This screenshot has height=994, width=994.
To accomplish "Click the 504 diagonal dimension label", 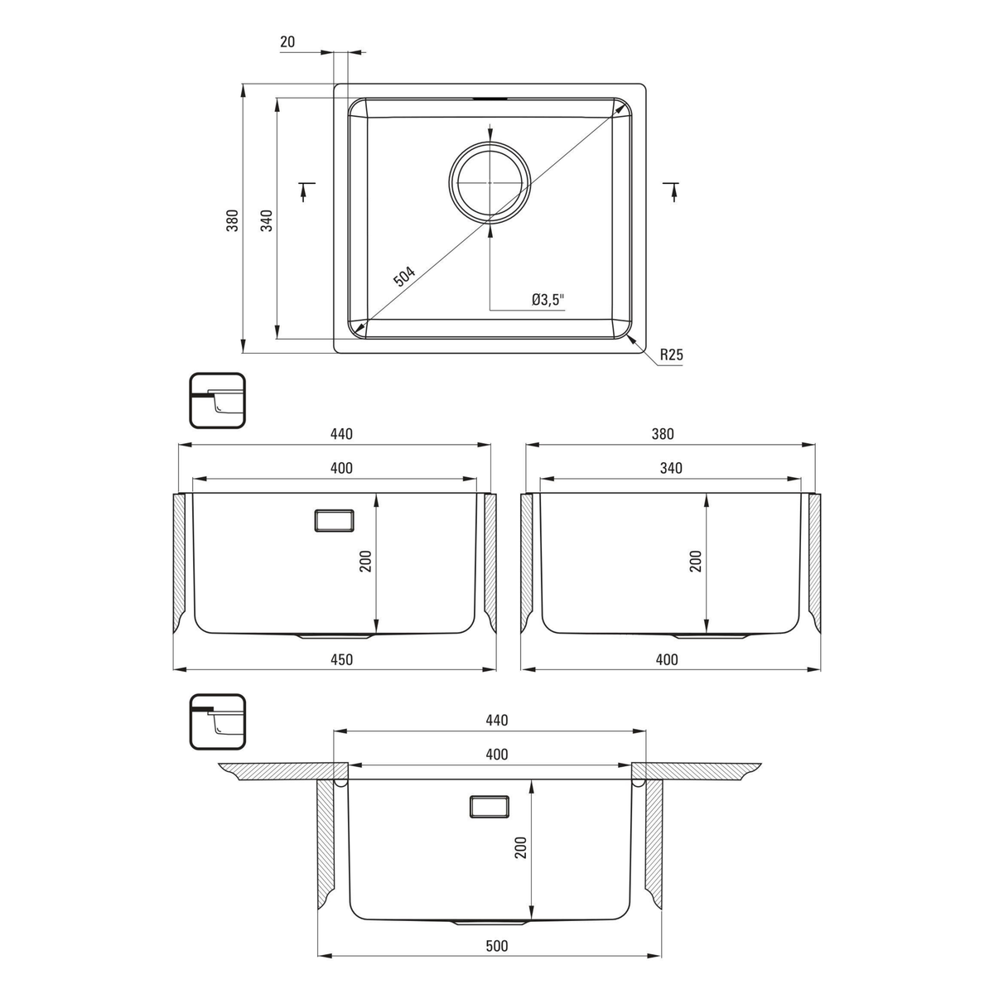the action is pos(404,276).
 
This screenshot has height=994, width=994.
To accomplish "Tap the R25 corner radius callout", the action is pos(672,355).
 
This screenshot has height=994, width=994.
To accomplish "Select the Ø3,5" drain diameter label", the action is pos(548,300).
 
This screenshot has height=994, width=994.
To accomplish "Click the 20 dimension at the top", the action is pos(287,41).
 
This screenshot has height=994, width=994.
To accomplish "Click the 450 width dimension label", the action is pos(341,659).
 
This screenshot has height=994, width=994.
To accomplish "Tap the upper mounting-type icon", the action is pos(217,401).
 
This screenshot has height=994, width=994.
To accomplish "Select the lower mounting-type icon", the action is pos(217,722).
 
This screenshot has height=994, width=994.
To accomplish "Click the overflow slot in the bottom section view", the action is pos(489,808).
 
